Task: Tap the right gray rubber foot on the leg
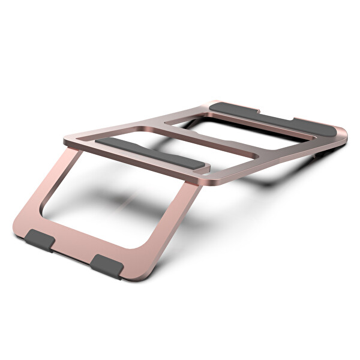pyautogui.click(x=107, y=263)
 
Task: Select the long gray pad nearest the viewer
pyautogui.click(x=150, y=152)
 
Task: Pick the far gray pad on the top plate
pyautogui.click(x=270, y=118)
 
